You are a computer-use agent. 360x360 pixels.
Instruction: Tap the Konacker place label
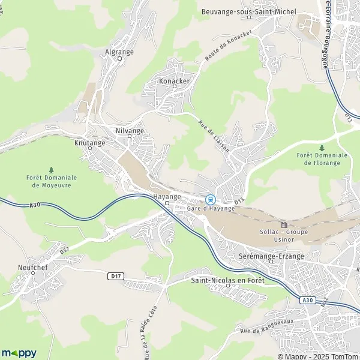[174, 80]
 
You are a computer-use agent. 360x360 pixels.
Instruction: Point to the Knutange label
[89, 143]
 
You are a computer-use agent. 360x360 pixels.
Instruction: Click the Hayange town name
[167, 197]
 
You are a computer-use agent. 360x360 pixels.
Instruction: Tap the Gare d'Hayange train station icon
[209, 199]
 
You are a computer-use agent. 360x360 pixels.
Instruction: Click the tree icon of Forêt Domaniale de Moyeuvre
[51, 170]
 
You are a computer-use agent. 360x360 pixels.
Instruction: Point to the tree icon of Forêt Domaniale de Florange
[322, 148]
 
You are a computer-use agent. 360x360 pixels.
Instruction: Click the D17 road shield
[116, 276]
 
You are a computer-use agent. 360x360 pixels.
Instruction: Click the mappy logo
[19, 353]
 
